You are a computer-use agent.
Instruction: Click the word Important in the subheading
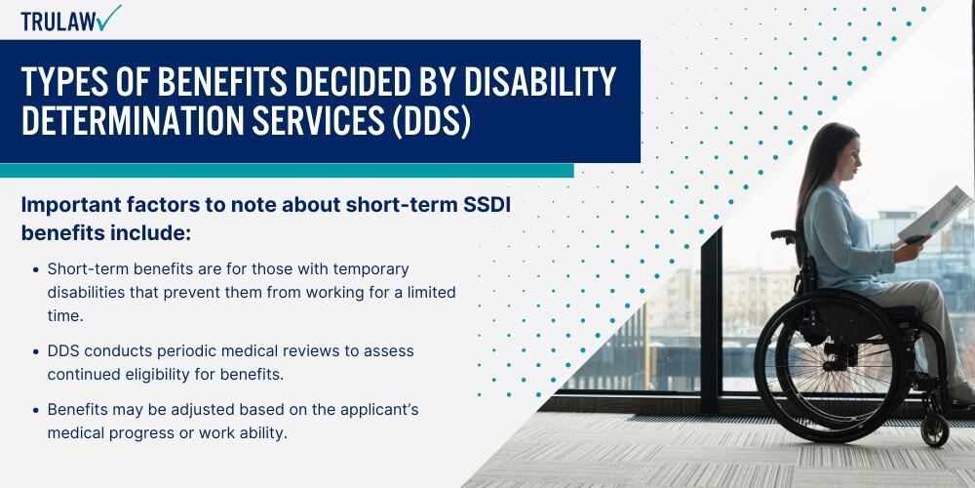73,206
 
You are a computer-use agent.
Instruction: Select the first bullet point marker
36,268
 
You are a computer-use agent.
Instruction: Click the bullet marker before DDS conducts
36,349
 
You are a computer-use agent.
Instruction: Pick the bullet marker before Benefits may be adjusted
36,410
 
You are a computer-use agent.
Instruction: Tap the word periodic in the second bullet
183,349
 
